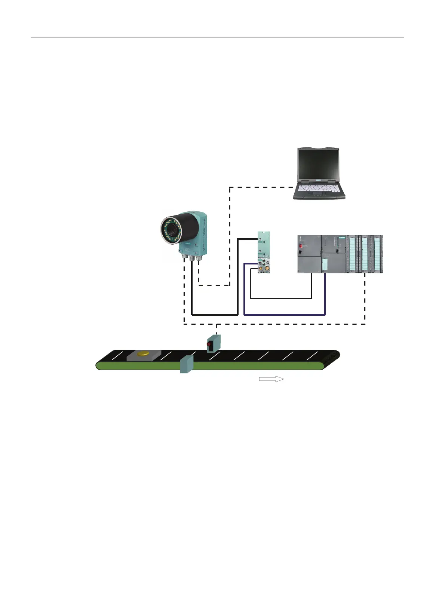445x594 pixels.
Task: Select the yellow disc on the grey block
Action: click(144, 353)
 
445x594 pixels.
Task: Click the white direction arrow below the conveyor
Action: click(271, 379)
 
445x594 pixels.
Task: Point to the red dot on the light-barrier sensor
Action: click(209, 344)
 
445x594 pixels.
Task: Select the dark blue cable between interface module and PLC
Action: click(284, 315)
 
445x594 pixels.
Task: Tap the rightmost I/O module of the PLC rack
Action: click(378, 254)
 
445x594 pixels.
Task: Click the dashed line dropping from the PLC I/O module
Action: click(365, 299)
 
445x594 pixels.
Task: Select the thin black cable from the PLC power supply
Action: click(280, 298)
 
